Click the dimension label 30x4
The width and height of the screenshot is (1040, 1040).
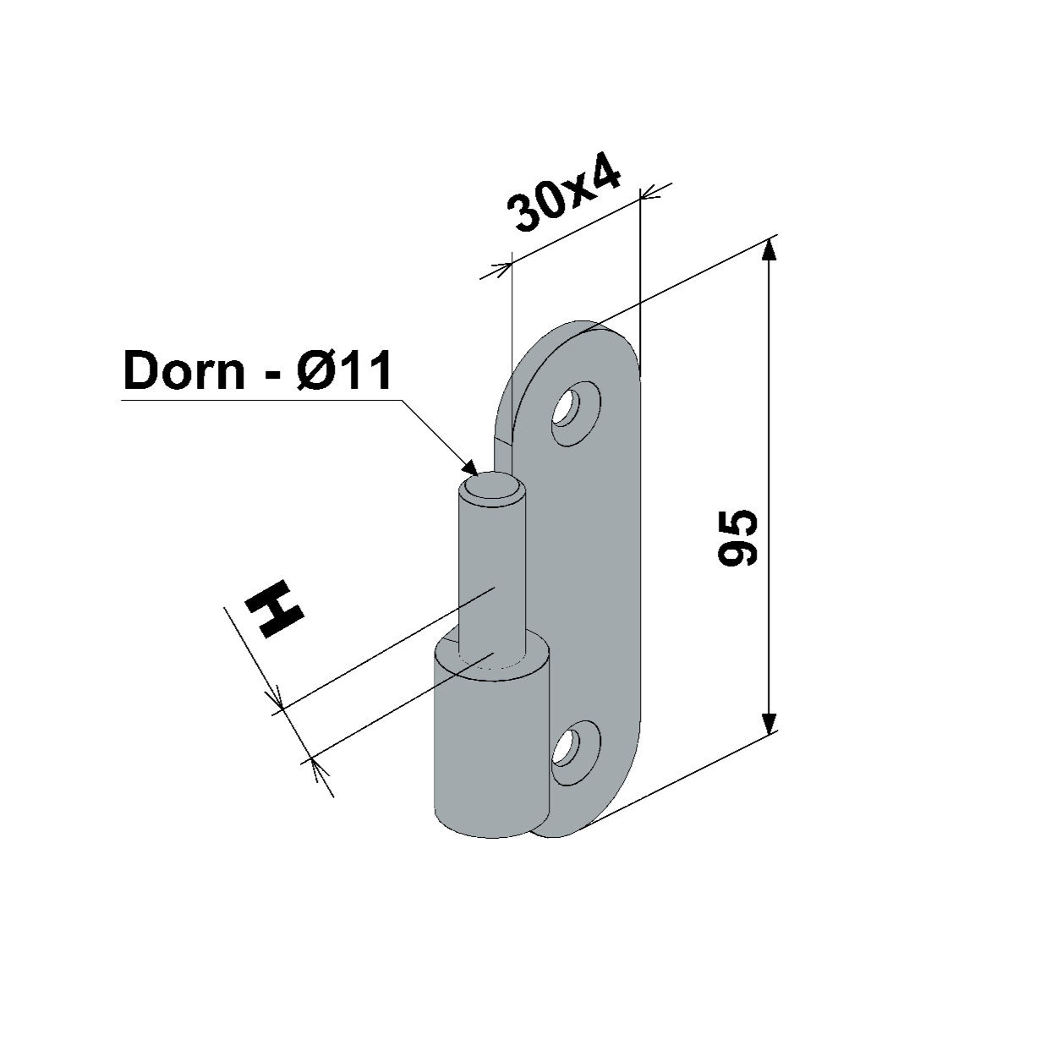565,194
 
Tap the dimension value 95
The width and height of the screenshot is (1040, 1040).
738,538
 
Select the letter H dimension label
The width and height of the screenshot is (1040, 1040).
274,610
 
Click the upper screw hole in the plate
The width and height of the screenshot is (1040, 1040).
576,413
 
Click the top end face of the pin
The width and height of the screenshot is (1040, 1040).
491,485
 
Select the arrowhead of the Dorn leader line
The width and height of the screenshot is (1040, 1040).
469,466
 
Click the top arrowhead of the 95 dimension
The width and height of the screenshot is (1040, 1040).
769,250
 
